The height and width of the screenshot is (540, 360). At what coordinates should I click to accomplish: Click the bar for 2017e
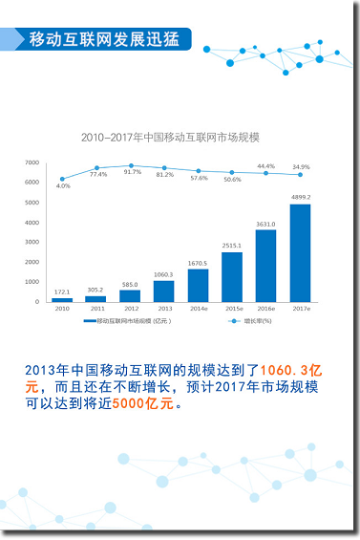click(x=300, y=253)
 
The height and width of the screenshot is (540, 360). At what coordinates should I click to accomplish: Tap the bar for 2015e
click(x=232, y=276)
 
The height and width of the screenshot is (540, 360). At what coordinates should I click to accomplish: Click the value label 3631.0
click(x=265, y=225)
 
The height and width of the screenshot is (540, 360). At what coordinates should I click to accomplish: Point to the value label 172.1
click(x=62, y=292)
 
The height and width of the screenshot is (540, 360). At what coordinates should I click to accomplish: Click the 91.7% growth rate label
click(x=132, y=172)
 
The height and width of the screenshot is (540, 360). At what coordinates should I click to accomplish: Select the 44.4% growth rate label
click(x=265, y=166)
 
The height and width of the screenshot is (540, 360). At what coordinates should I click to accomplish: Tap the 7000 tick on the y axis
click(x=32, y=162)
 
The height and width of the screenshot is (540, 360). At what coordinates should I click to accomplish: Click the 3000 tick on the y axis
click(x=32, y=243)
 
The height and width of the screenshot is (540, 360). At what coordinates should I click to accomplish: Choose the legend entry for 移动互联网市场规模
click(x=126, y=321)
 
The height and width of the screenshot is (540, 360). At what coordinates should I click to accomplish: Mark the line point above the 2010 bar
click(x=62, y=179)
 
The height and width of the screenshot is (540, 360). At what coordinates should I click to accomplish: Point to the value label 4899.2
click(x=300, y=198)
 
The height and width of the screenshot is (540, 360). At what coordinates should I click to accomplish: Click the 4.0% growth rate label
click(x=63, y=186)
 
